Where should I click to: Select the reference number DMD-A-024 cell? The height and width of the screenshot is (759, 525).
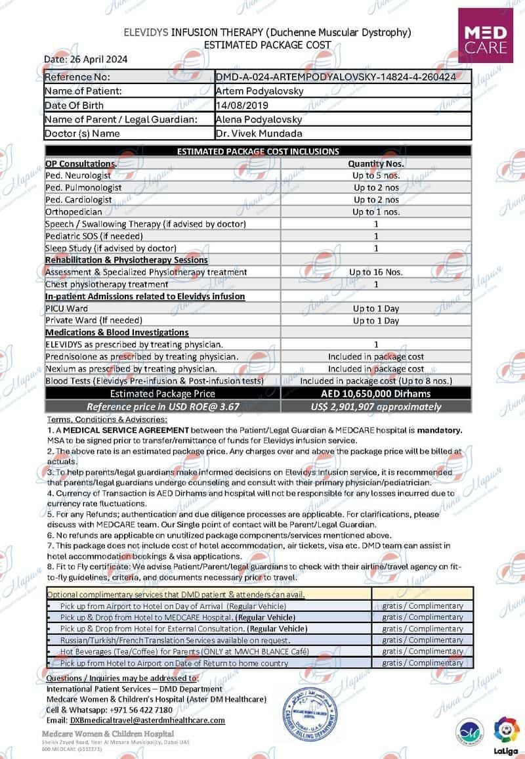pos(335,77)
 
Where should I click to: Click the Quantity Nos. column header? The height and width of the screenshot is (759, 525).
pos(375,163)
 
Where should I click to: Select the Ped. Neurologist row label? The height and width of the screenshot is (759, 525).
pos(78,176)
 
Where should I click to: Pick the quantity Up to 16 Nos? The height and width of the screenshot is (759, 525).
pos(375,272)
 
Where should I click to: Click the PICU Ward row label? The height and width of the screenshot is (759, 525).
pos(66,308)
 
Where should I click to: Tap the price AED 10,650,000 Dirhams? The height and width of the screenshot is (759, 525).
pos(375,393)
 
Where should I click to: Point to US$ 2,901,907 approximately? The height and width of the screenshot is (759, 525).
pos(375,406)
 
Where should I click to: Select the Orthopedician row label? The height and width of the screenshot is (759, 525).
pos(73,212)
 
